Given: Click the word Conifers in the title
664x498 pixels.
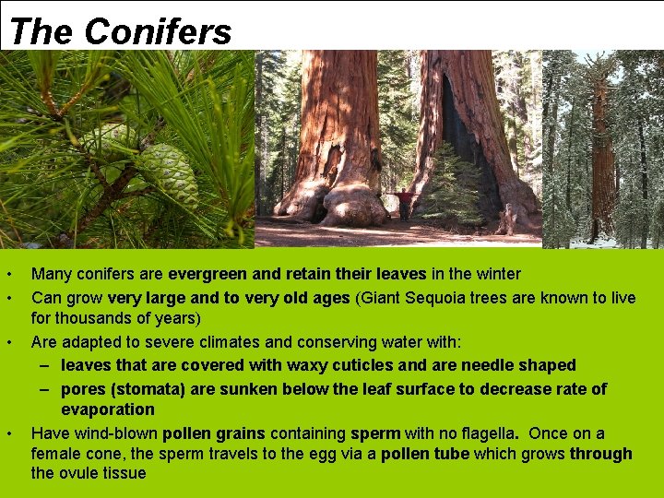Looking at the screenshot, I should click(x=158, y=31).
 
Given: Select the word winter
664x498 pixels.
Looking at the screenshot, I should click(x=497, y=274).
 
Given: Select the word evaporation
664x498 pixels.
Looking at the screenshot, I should click(x=108, y=409).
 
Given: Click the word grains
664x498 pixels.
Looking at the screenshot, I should click(x=241, y=433).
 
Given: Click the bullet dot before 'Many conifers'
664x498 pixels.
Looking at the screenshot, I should click(x=7, y=275).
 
